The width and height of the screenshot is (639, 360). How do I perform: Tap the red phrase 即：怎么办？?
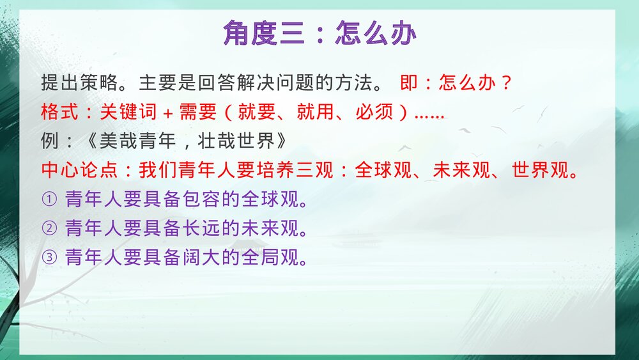tap(457, 83)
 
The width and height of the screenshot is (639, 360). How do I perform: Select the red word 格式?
tap(56, 113)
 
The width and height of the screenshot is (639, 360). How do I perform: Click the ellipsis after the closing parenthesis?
tap(429, 115)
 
